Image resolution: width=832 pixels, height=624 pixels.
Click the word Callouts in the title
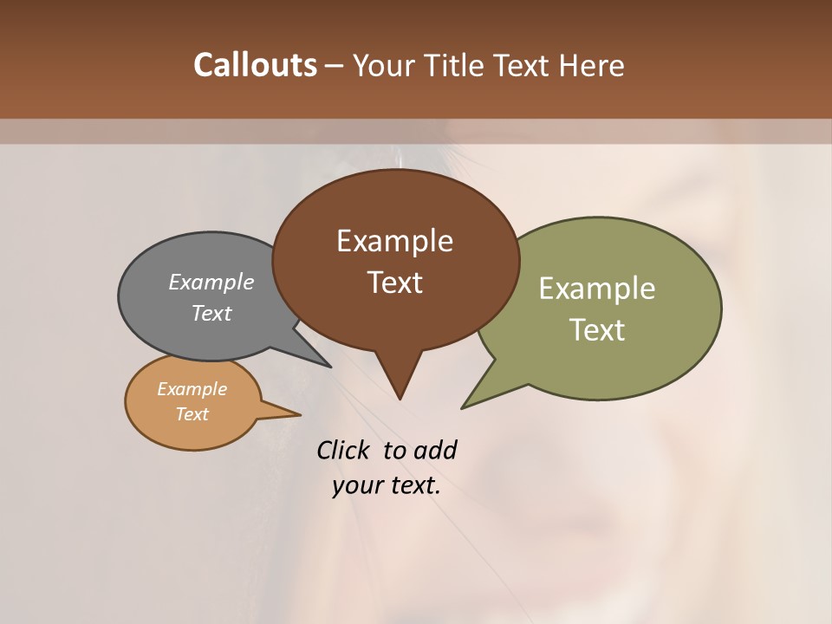255,65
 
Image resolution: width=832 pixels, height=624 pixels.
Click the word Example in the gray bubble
211,282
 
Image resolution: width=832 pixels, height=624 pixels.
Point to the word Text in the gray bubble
211,313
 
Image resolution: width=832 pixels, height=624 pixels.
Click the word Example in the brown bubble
394,241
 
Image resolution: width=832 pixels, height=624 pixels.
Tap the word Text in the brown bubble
394,283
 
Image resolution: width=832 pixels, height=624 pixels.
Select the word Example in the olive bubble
597,289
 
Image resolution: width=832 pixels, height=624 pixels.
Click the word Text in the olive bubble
597,330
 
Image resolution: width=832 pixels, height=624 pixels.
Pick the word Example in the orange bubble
192,389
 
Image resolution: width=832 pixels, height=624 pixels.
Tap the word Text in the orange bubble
192,414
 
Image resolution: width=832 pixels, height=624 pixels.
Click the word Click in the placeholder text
345,450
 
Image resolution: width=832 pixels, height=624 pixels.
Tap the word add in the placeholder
435,450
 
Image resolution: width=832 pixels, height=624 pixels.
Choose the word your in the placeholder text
355,485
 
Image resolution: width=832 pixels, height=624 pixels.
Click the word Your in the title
381,65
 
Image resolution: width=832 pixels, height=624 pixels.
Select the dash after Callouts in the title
335,65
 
